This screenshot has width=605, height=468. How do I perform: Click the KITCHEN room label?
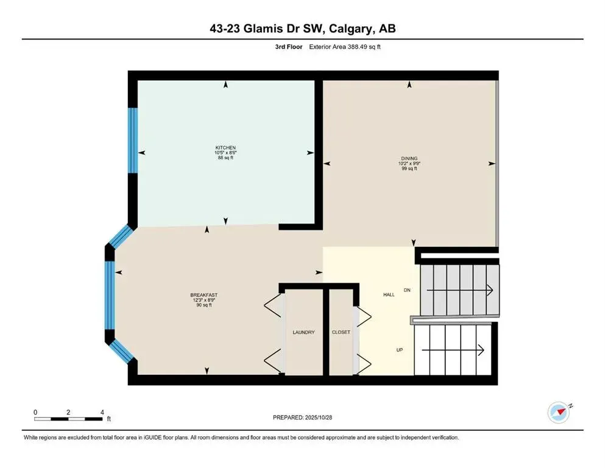click(x=225, y=147)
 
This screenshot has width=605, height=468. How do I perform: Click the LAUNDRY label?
click(x=303, y=332)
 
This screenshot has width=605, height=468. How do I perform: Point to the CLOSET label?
click(x=341, y=332)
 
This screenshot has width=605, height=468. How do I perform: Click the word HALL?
click(x=388, y=294)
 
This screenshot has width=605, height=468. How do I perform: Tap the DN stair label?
click(x=408, y=290)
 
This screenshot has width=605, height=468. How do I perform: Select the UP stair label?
click(x=399, y=350)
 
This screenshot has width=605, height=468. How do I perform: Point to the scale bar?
click(x=68, y=418)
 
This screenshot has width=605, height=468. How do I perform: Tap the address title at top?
click(x=303, y=29)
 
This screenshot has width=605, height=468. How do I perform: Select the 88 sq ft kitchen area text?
click(x=225, y=158)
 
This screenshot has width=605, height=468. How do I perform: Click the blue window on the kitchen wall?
click(x=132, y=141)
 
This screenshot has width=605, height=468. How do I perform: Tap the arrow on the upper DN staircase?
click(x=460, y=291)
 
